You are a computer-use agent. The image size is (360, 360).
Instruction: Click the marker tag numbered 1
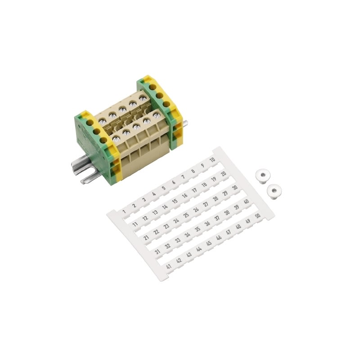pos(124,211)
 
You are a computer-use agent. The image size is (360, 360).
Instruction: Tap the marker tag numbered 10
pos(212,160)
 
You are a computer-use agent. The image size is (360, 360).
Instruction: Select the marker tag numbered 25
pos(186,215)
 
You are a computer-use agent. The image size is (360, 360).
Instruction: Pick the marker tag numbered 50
pos(258,216)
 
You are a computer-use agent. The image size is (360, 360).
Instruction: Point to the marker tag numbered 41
pos(169,266)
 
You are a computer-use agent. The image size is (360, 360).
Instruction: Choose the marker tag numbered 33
pos(178,241)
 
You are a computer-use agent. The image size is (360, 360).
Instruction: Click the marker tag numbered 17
pos(194,190)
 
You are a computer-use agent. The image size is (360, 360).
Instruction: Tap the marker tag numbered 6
pos(174,182)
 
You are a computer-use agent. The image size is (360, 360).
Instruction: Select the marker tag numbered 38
pos(227,213)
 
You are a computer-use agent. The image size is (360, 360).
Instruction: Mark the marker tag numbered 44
pos(199,249)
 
